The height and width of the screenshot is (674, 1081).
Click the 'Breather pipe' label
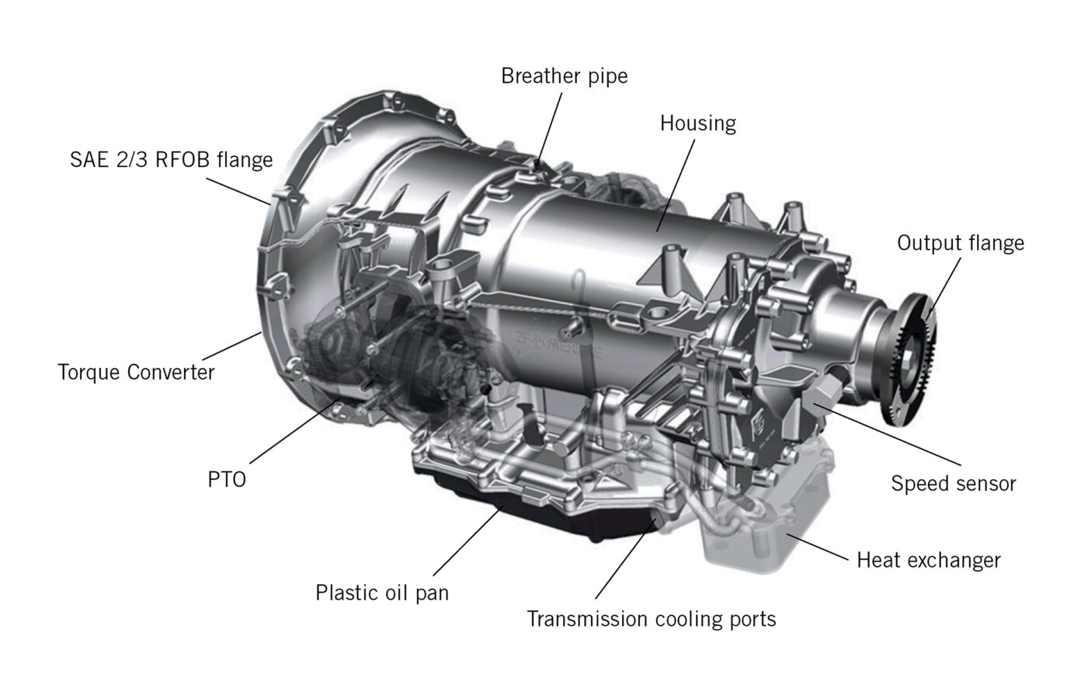pos(564,76)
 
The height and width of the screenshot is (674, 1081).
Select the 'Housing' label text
pos(697,123)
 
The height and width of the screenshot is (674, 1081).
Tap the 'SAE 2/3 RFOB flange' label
pos(171,160)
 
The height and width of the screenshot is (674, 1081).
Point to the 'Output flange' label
pos(960,243)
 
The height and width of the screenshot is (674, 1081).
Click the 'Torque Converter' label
pos(136,372)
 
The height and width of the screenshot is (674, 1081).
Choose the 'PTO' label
pos(227,479)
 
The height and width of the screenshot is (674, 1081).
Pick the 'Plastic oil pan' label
pos(382,593)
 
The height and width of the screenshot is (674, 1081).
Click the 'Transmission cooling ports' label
pos(651,619)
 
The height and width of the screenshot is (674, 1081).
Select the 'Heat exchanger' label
pos(928,560)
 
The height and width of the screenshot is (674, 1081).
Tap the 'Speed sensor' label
pos(953,484)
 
